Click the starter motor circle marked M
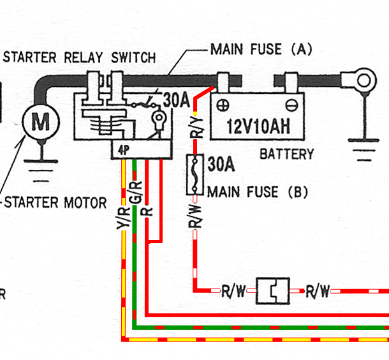pos(41,122)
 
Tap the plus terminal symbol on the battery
pos(223,105)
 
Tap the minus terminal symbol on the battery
pos(291,105)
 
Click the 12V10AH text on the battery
pos(258,126)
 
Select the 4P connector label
pos(124,150)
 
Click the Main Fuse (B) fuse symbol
pos(195,174)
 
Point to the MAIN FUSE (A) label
pos(261,49)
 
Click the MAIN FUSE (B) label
pos(258,192)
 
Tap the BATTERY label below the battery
pos(287,154)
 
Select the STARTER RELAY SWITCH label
pos(79,57)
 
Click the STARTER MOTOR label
pos(55,202)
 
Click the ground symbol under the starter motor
pos(41,171)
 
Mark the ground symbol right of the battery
pos(363,150)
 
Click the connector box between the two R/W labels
pos(273,290)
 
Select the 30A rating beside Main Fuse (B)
pos(221,164)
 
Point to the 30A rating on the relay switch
pos(177,100)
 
